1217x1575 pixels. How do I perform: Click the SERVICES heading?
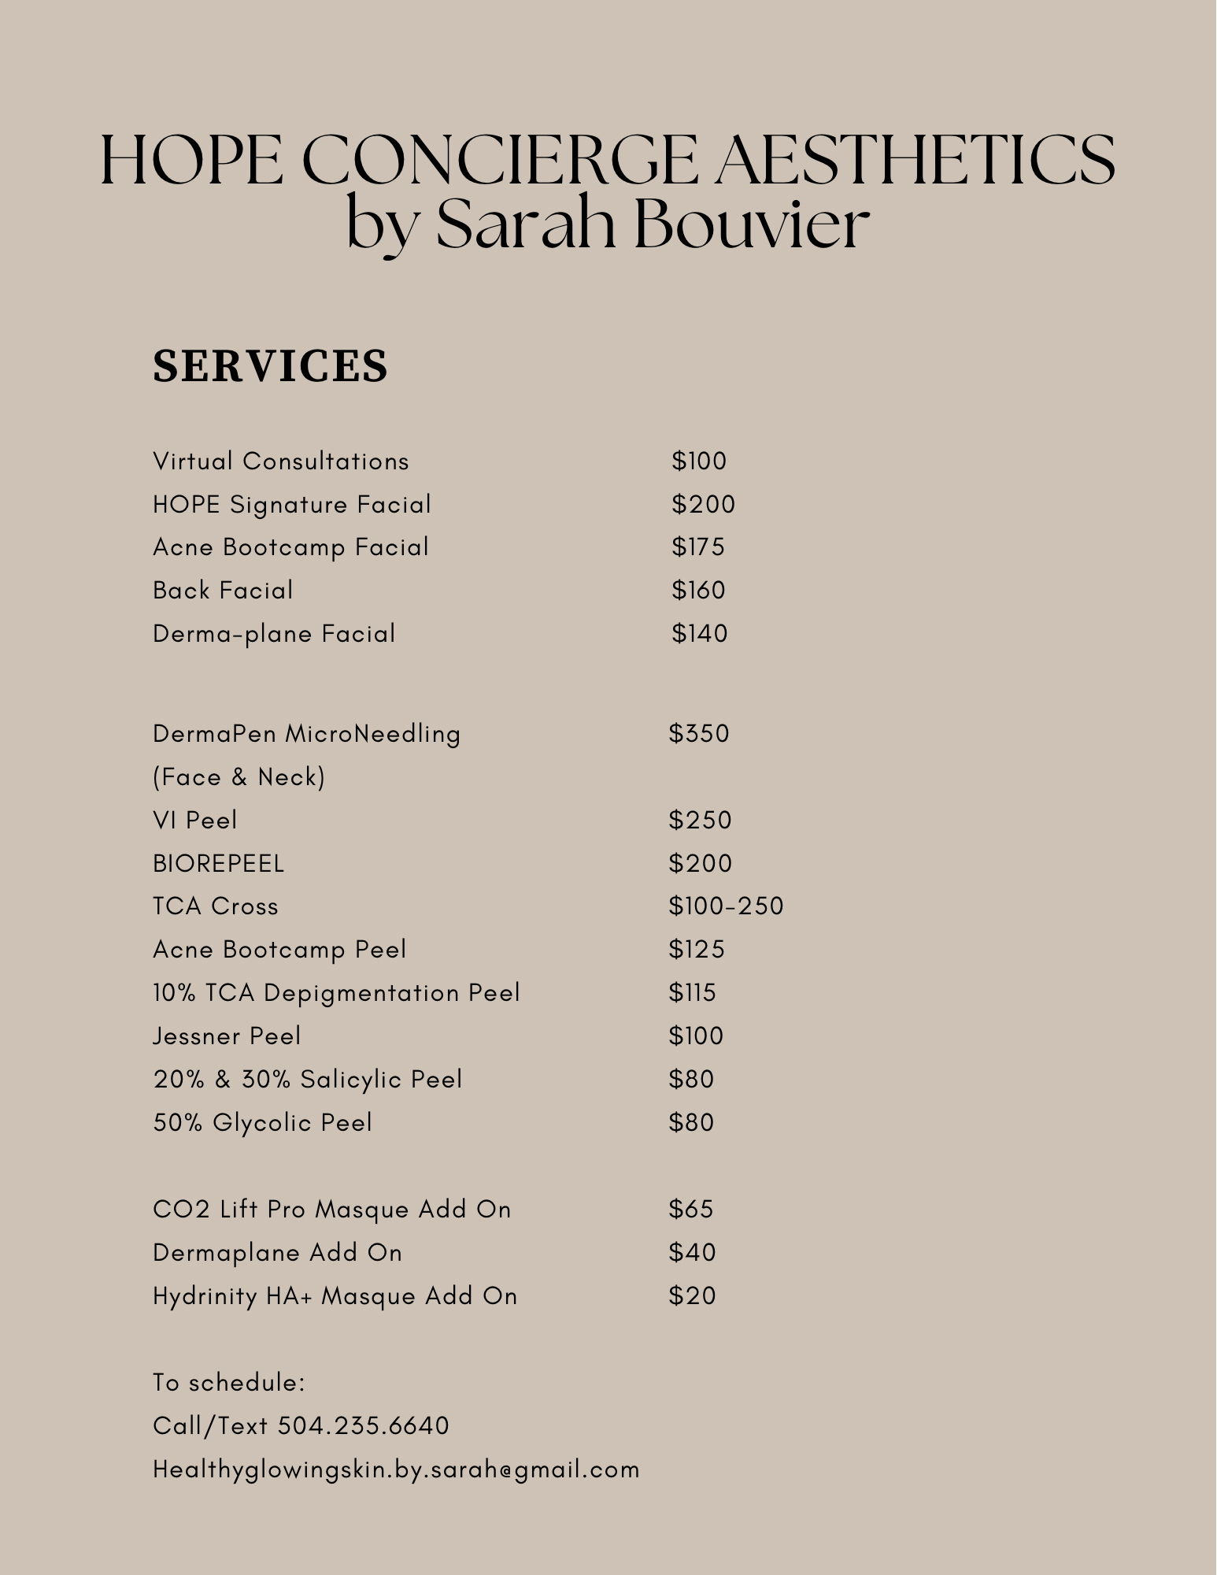point(270,366)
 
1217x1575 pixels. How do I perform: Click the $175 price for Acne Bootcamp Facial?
point(698,547)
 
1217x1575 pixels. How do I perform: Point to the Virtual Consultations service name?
point(281,461)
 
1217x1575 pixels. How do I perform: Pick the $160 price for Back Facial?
point(698,591)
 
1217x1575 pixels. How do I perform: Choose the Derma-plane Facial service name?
point(274,634)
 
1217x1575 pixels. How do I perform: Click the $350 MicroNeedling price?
point(699,734)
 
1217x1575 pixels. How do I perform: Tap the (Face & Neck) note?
point(239,777)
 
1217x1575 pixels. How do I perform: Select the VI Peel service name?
point(195,821)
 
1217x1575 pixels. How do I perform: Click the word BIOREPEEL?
point(218,864)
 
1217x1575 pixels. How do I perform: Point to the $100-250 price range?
point(726,906)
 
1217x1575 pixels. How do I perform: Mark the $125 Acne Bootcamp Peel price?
point(697,950)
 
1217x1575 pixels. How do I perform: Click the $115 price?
point(693,993)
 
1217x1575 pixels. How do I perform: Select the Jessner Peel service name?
point(227,1036)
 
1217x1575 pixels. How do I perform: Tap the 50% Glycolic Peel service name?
point(263,1123)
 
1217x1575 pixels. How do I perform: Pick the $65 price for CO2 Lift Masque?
point(691,1210)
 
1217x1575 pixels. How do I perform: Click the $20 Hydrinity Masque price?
point(693,1296)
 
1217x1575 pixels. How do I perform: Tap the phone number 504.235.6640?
point(364,1426)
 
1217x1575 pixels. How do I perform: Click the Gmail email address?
point(396,1469)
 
